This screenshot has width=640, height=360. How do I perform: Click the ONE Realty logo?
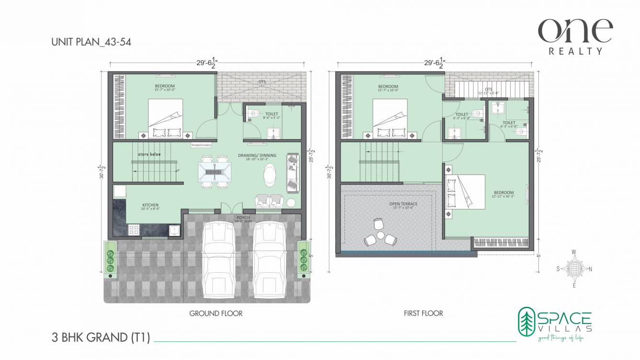coord(575,36)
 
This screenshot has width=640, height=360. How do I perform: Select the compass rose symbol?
coord(574,268)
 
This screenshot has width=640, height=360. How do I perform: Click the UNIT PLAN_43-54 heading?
coord(91,42)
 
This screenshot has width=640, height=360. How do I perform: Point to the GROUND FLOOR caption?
coord(216,314)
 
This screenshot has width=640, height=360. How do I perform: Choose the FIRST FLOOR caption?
coord(423,314)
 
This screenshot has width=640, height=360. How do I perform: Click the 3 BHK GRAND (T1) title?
coord(101,338)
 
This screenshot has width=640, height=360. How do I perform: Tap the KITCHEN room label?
coord(150,205)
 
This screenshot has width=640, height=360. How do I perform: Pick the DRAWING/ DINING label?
coord(257,156)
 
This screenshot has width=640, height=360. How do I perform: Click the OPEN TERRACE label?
coord(403,204)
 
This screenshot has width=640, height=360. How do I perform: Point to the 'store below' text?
coord(149,155)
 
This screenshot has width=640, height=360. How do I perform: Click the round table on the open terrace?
coord(380,235)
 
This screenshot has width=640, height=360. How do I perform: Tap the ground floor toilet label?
coord(271,114)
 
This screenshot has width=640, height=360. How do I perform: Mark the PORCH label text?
coord(242,218)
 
